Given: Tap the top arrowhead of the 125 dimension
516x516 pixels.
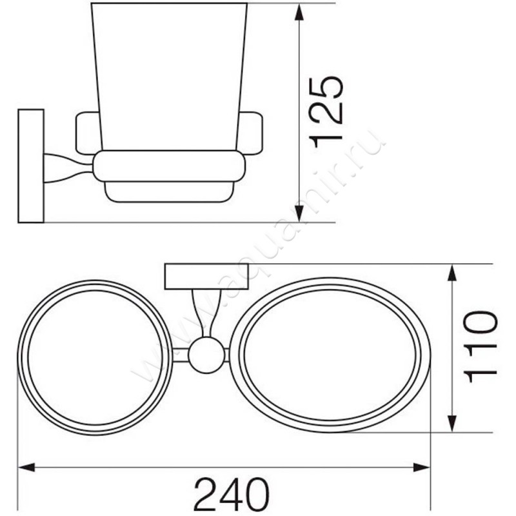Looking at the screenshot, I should click(299, 14).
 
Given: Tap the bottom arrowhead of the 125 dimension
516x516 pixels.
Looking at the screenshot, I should click(299, 211).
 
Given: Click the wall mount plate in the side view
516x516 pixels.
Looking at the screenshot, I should click(31, 166).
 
